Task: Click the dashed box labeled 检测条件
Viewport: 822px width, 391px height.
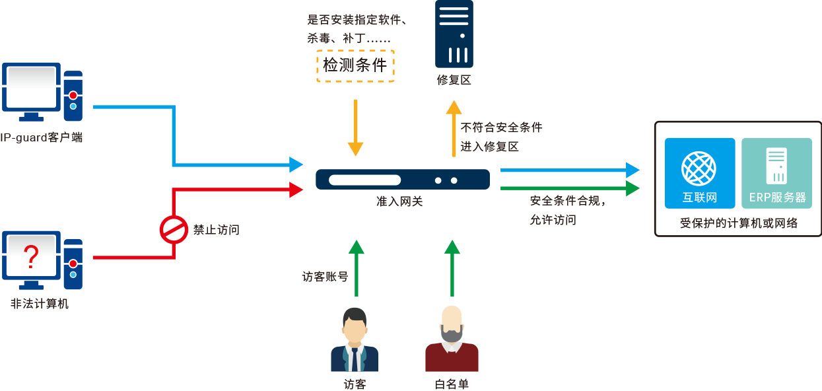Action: point(355,65)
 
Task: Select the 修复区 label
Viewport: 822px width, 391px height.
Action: point(454,81)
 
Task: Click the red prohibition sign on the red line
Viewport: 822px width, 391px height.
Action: point(174,230)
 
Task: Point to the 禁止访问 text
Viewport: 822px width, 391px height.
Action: point(216,231)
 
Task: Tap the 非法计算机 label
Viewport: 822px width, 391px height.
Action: point(40,304)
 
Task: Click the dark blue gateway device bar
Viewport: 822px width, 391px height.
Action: point(402,180)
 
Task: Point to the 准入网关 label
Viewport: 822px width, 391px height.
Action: point(399,202)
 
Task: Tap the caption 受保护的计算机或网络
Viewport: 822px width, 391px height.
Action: point(739,223)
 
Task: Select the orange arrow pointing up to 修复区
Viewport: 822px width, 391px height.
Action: point(453,129)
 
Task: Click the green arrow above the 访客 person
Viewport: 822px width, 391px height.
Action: point(356,267)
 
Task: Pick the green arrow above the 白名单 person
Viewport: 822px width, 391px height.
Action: point(452,267)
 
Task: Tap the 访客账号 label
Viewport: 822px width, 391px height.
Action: point(325,277)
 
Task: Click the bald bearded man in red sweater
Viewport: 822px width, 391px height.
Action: point(452,341)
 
